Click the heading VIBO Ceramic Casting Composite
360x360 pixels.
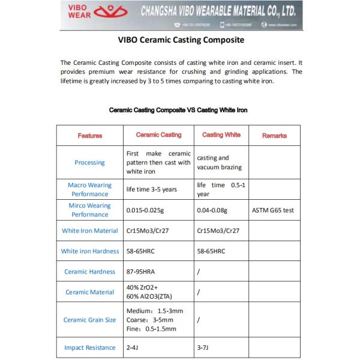click(179, 41)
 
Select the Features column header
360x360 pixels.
click(90, 136)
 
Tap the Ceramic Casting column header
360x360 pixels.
click(159, 135)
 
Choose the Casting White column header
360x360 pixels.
click(221, 135)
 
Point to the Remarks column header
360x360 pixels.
click(274, 136)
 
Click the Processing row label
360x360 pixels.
click(89, 162)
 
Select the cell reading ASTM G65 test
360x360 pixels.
click(273, 210)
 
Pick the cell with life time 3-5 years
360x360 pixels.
click(151, 190)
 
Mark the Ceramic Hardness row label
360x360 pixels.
click(89, 271)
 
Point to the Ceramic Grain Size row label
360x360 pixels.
click(89, 320)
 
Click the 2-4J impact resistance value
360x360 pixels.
click(133, 347)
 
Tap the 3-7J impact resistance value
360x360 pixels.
click(203, 347)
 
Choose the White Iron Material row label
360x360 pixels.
click(89, 230)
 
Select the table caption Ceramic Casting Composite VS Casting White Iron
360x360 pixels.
click(178, 110)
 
